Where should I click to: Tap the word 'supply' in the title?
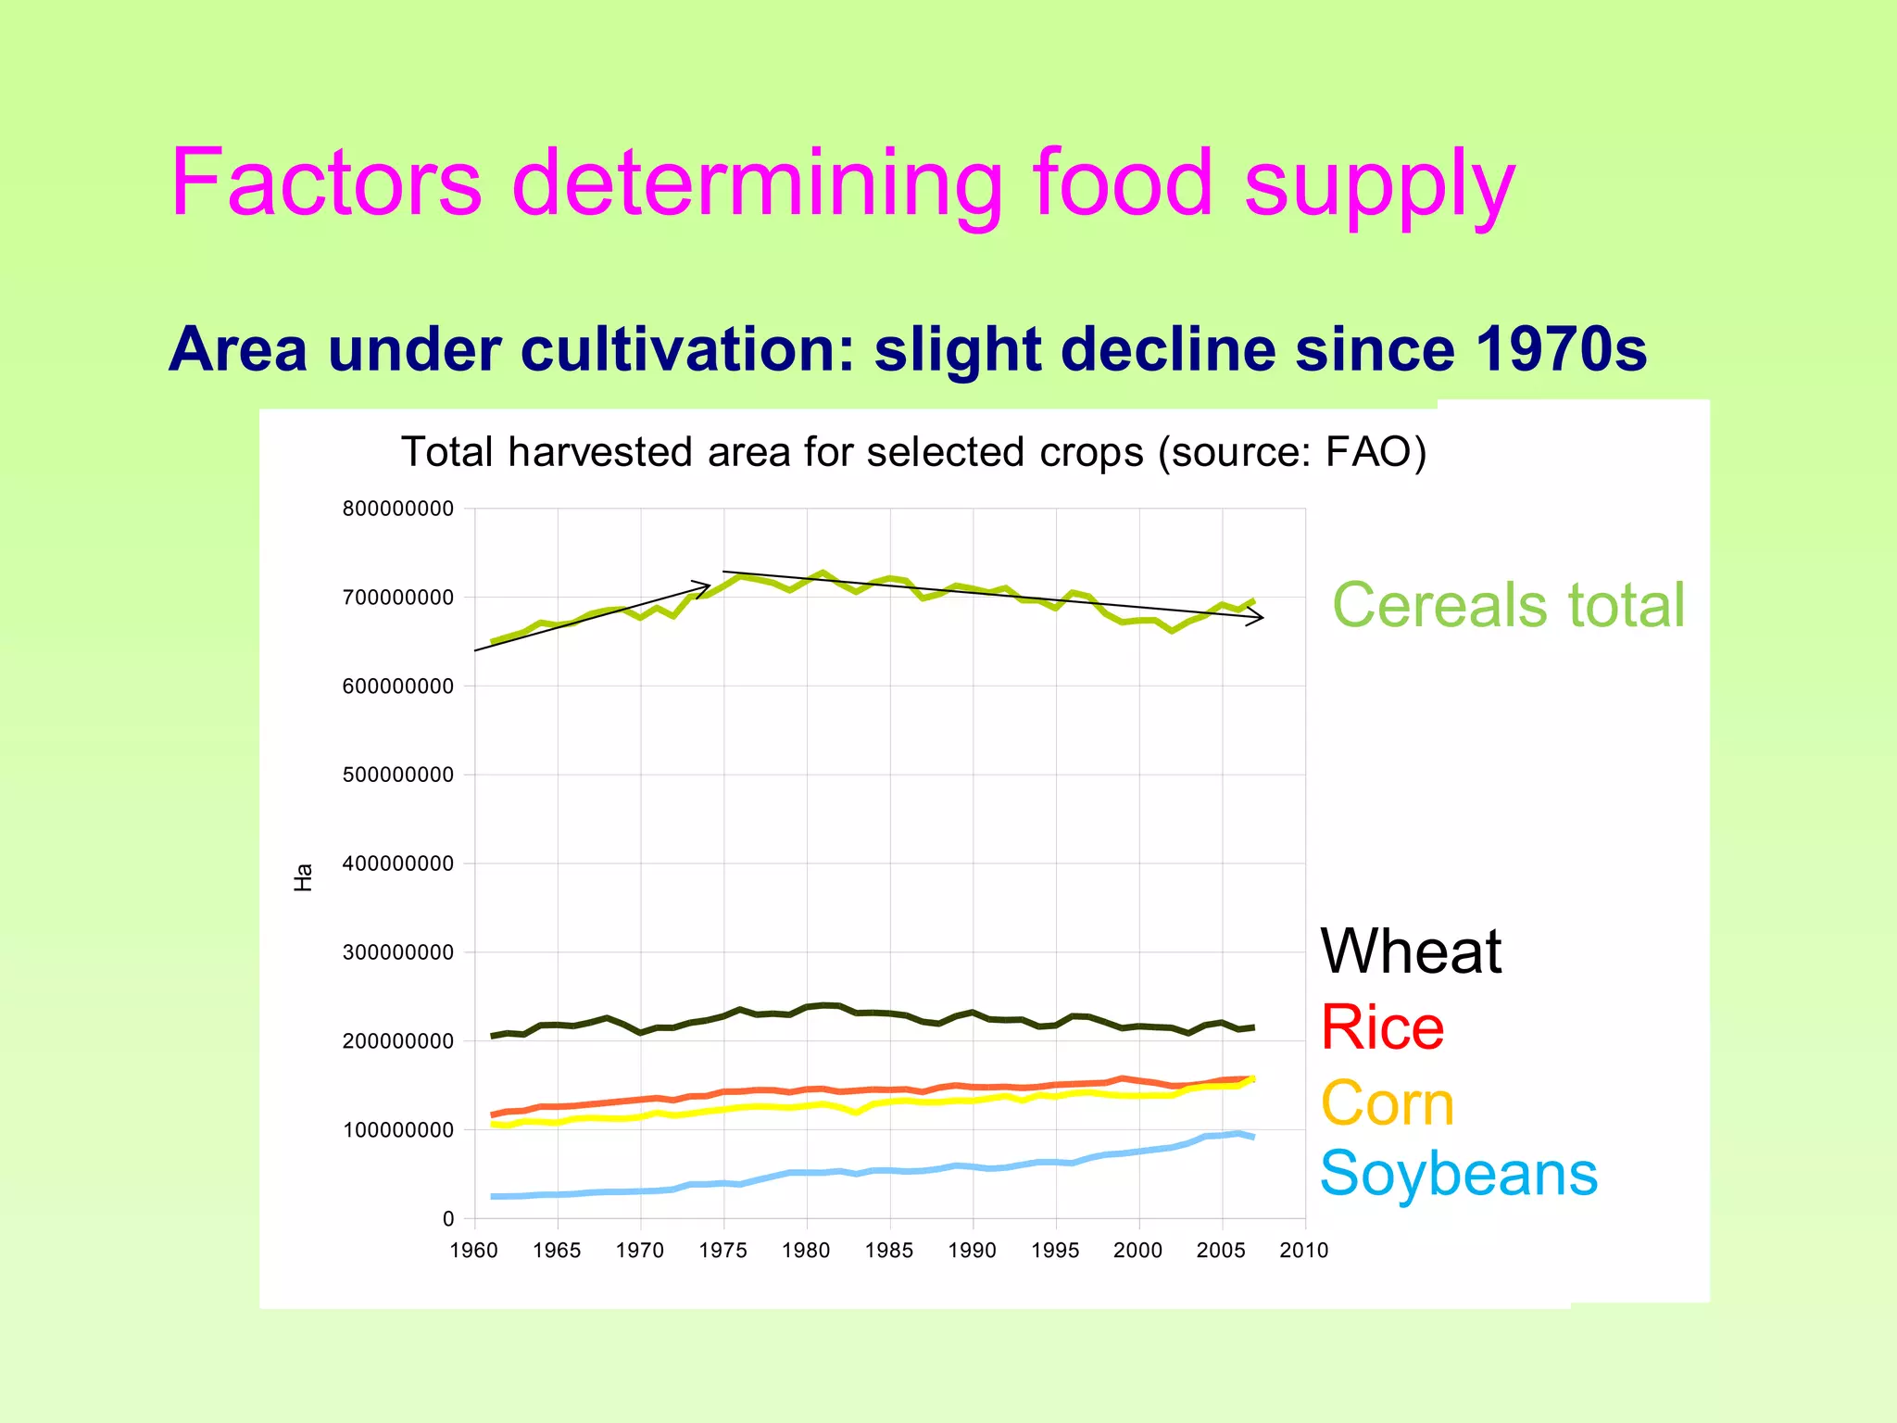coord(1378,185)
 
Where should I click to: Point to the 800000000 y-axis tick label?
coord(398,509)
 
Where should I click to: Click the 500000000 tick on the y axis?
coord(398,774)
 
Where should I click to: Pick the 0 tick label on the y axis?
coord(448,1219)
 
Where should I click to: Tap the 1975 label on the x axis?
coord(723,1251)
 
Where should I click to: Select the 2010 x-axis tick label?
coord(1303,1251)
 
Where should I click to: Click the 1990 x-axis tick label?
coord(973,1251)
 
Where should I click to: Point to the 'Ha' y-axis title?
coord(303,876)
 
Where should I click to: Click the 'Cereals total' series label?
coord(1508,605)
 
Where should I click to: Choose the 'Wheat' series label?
coord(1410,951)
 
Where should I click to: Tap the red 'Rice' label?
coord(1381,1027)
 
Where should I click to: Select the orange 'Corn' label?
coord(1387,1103)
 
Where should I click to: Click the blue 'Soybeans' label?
coord(1458,1174)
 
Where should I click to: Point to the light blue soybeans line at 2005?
coord(1222,1135)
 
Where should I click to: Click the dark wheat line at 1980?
coord(807,1007)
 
